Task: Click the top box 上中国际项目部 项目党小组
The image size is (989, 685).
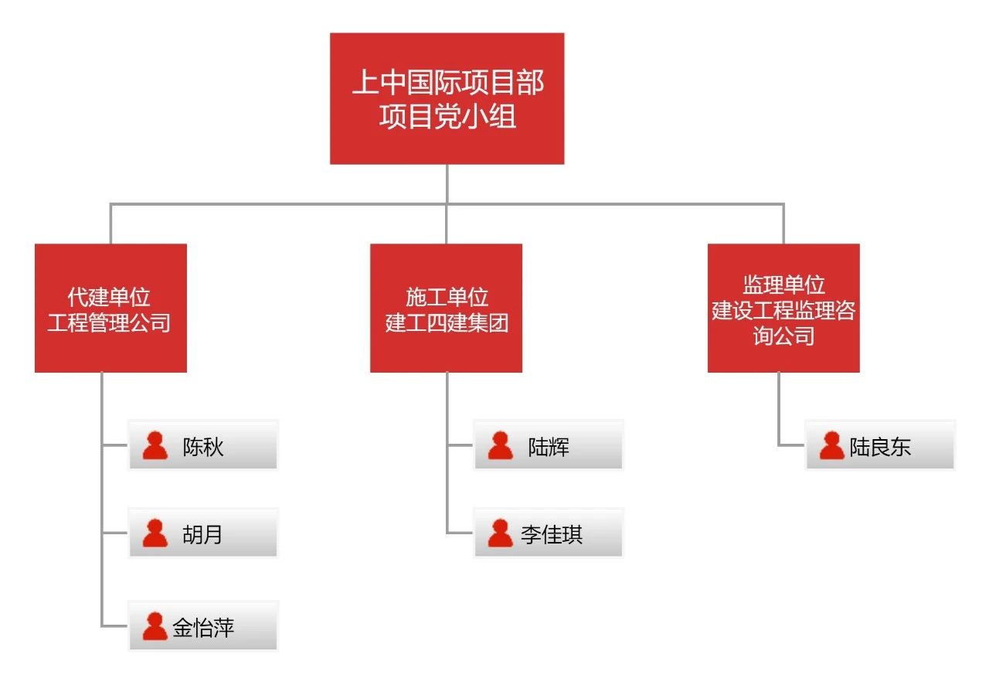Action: point(447,98)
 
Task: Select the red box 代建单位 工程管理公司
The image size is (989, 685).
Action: point(110,308)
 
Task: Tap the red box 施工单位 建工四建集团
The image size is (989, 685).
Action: point(446,308)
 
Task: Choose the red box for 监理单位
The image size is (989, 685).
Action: point(783,308)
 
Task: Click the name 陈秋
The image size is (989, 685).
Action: point(203,446)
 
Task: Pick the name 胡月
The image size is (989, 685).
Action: point(202,534)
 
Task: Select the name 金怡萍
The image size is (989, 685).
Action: point(203,627)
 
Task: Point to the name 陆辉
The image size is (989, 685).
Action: point(549,446)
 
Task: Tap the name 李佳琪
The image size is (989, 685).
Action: point(552,534)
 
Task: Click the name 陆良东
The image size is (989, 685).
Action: point(881,446)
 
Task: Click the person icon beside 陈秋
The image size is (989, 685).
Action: point(155,445)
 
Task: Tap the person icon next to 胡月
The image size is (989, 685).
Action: point(155,533)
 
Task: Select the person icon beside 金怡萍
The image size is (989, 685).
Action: point(155,626)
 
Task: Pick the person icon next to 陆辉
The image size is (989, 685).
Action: point(501,445)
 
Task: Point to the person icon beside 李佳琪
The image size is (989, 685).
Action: point(501,533)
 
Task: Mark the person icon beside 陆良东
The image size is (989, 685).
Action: point(831,445)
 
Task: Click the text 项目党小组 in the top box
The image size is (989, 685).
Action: point(447,118)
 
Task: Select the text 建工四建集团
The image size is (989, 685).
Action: point(447,322)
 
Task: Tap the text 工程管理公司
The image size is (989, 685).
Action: point(109,322)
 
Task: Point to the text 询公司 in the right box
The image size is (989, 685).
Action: point(783,336)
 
